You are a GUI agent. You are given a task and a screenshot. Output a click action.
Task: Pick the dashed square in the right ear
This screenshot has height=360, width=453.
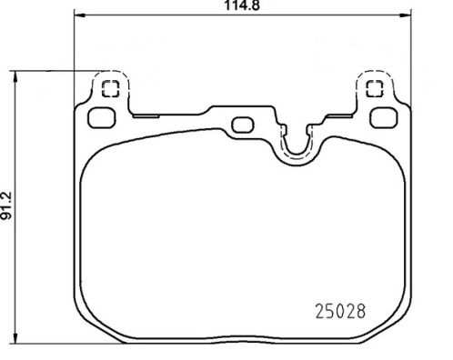[371, 87]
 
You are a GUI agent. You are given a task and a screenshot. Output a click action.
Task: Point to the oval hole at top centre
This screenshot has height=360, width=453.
[244, 125]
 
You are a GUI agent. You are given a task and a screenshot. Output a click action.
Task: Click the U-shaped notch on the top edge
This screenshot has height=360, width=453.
[295, 145]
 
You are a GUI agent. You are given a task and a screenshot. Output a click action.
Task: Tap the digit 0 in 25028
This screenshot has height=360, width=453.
[333, 309]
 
